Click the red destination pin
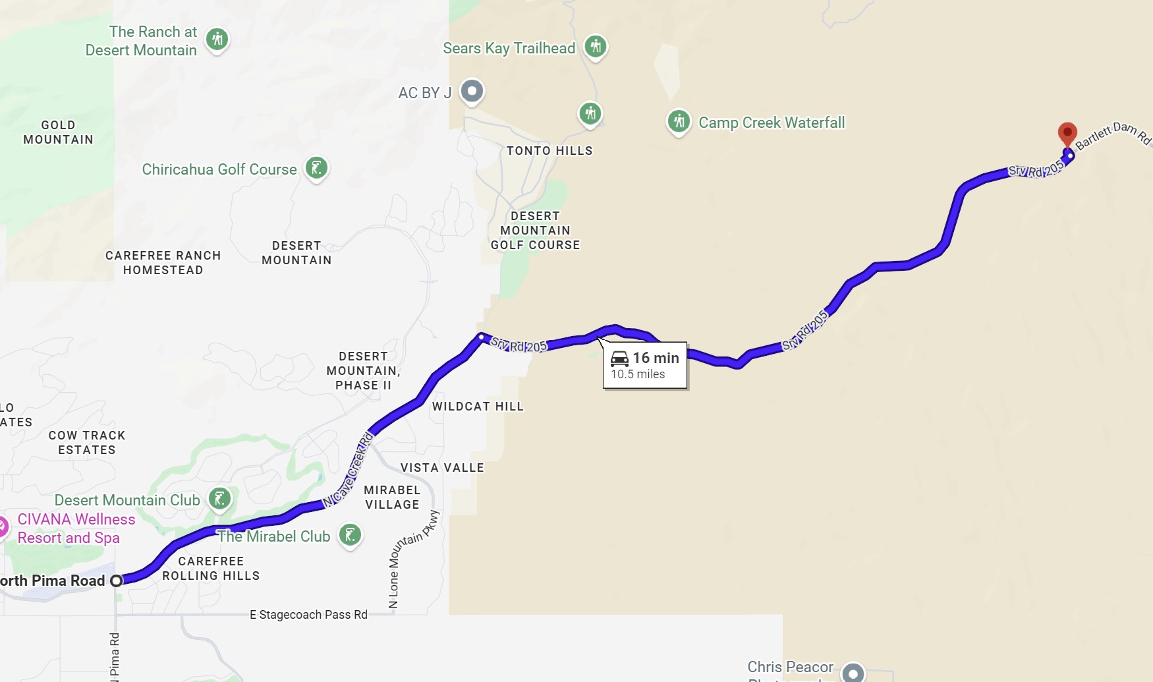coord(1067,133)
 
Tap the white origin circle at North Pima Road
coord(117,581)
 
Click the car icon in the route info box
coord(619,358)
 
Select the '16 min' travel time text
coord(656,358)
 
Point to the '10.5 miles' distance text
coord(638,374)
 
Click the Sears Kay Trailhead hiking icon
coord(596,47)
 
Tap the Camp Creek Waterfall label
coord(771,123)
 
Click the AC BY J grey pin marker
coord(472,91)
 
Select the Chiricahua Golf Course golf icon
coord(316,168)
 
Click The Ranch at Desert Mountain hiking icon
coord(217,40)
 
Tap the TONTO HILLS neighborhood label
coord(549,151)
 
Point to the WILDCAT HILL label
coord(478,407)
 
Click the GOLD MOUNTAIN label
coord(58,132)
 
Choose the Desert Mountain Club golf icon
coord(220,499)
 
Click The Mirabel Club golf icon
coord(350,534)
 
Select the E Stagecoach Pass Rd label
coord(308,615)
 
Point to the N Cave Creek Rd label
coord(349,470)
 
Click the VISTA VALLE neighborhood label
coord(442,468)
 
